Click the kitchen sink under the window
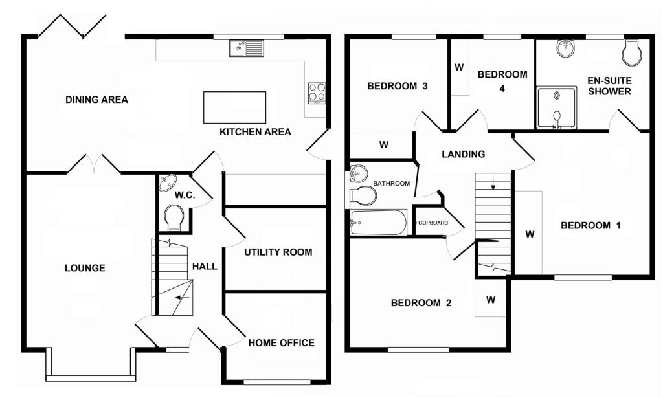(247, 48)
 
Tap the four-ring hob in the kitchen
(317, 93)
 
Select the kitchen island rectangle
(234, 107)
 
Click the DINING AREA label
(96, 100)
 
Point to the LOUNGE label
(85, 268)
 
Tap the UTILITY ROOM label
(278, 252)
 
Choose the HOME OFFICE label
(282, 343)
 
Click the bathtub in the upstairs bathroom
(378, 223)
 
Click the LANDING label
(463, 154)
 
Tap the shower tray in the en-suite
(556, 107)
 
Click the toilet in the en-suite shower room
(632, 53)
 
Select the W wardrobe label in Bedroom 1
(530, 234)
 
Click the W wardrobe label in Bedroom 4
(459, 67)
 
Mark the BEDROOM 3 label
(397, 86)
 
